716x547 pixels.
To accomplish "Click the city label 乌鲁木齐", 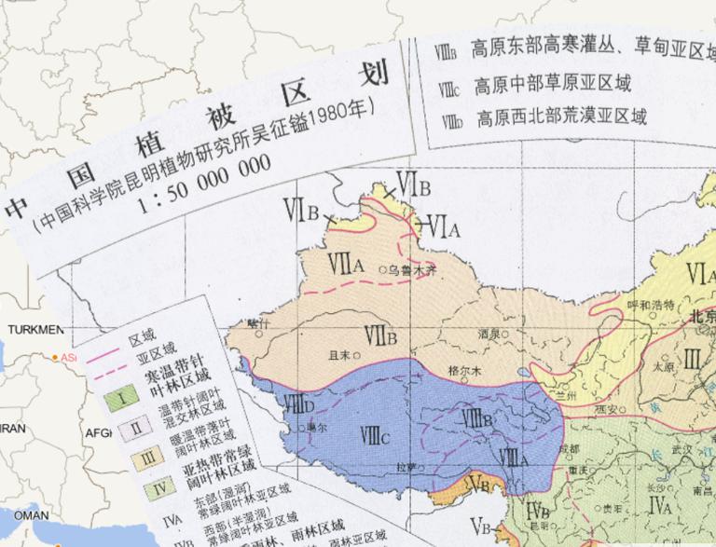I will [412, 270].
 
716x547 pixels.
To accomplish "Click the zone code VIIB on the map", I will [381, 333].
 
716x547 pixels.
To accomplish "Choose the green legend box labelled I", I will [122, 401].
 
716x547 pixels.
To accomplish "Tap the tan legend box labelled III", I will [150, 457].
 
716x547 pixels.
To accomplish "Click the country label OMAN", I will [30, 514].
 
